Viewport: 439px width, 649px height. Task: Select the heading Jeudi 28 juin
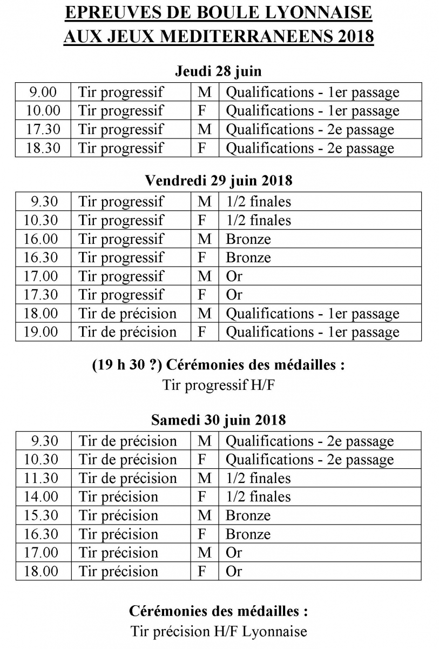(218, 71)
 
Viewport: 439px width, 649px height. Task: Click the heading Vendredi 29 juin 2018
(218, 181)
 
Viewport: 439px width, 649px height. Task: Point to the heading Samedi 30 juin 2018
(218, 420)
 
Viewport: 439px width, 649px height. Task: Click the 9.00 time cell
(43, 92)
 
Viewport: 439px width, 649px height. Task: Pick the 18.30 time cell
(43, 148)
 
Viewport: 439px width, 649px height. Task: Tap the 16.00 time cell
(43, 239)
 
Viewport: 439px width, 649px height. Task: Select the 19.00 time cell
(43, 332)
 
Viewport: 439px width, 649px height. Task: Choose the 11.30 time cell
(43, 478)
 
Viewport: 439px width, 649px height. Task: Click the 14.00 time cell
(43, 496)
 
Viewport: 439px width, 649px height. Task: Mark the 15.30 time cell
(43, 515)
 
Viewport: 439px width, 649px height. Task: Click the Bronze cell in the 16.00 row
(248, 239)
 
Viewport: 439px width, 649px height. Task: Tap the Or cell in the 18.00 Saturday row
(234, 571)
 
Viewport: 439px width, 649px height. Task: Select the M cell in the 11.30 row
(205, 478)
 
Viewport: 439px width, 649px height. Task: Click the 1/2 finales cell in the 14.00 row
(258, 496)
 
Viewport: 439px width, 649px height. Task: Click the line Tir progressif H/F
(218, 385)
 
